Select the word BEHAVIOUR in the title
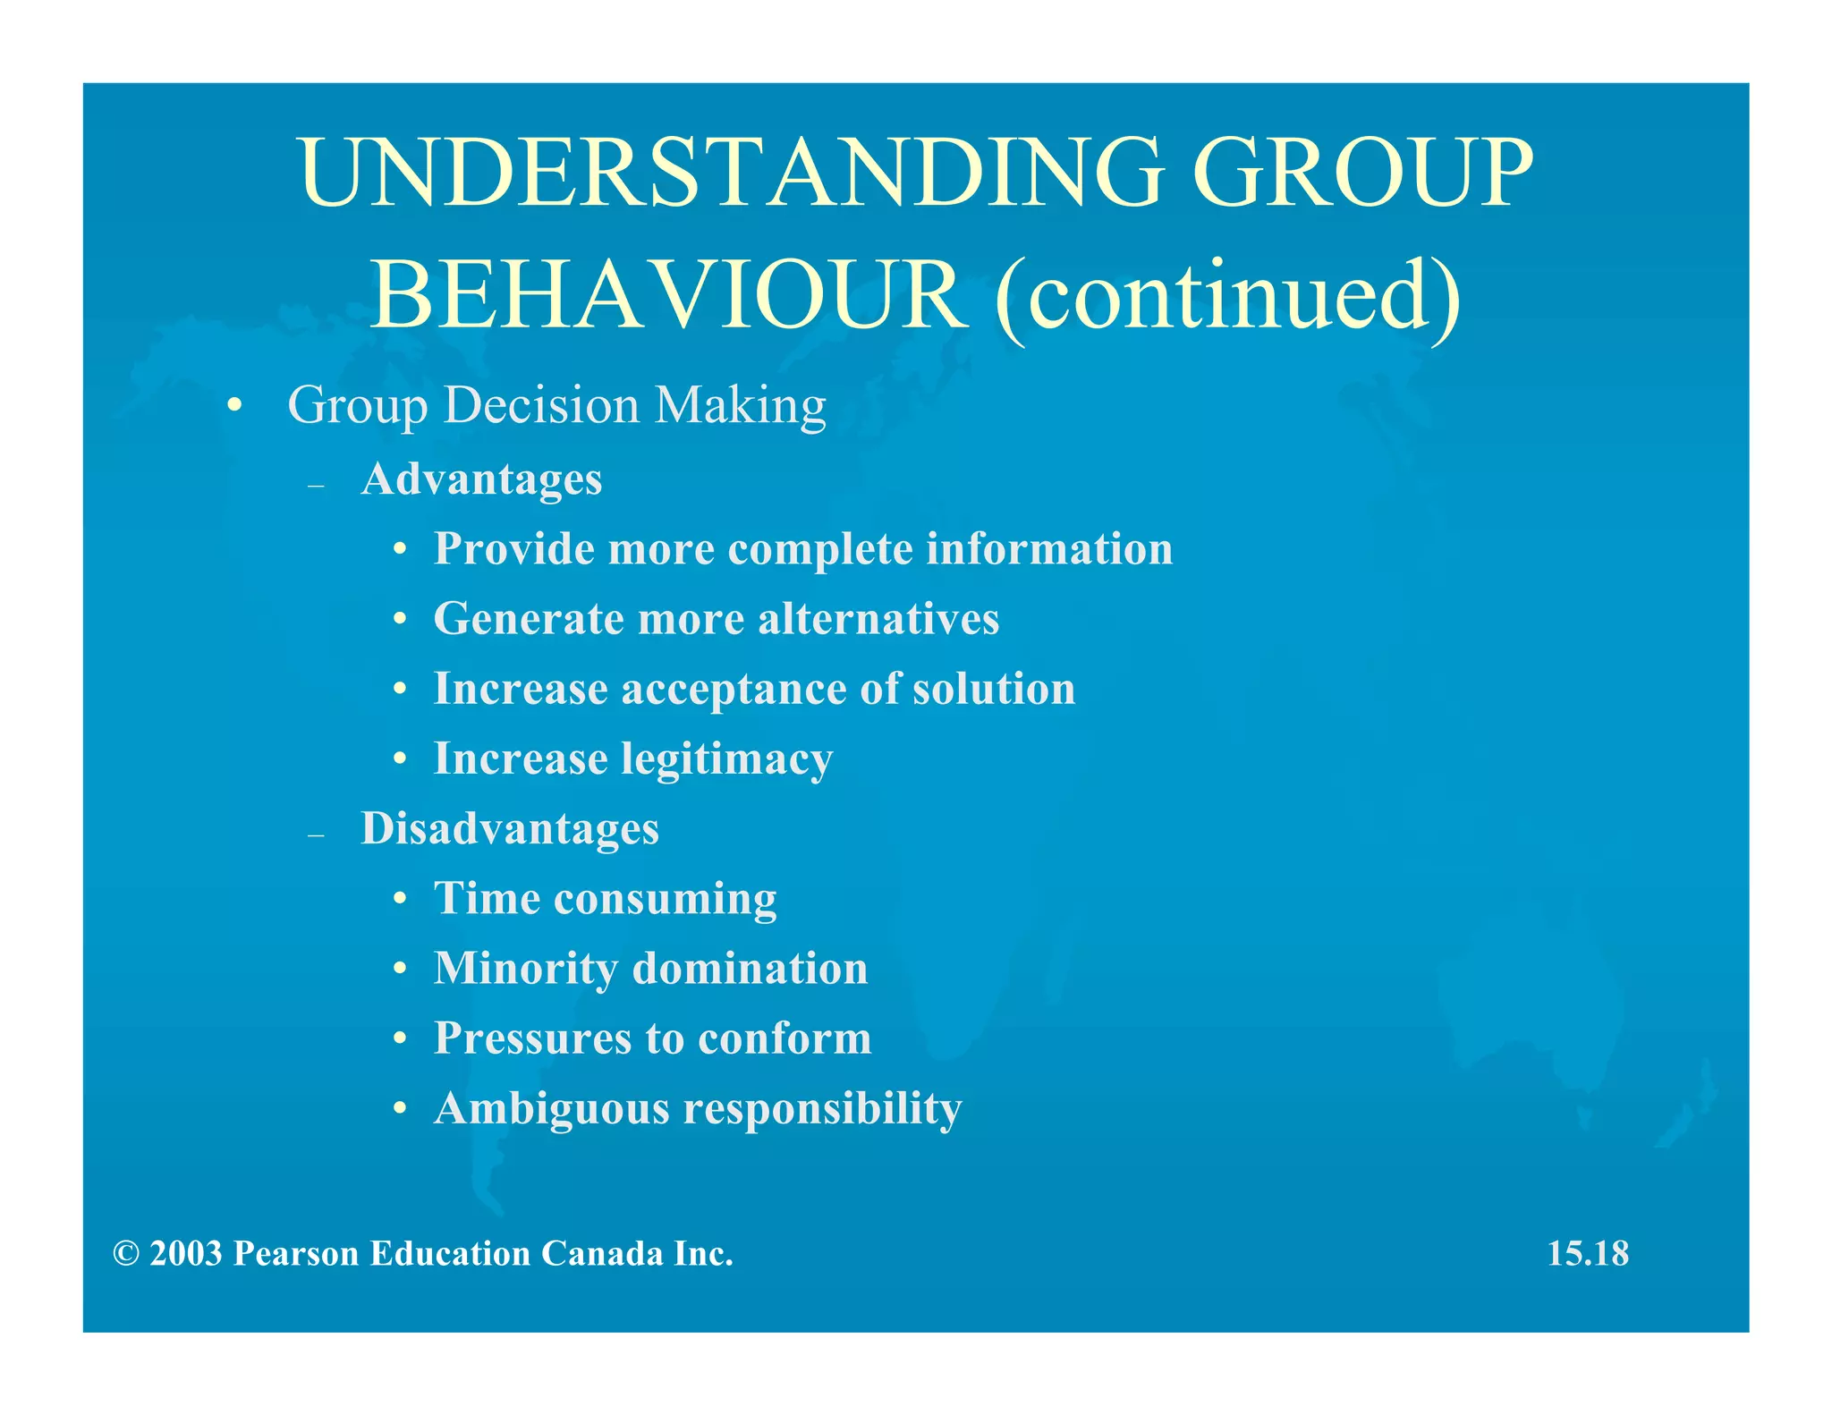667,295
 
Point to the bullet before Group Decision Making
234,407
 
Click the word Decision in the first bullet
541,405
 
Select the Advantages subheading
481,479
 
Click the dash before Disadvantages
315,835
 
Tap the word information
1048,548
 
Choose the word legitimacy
726,760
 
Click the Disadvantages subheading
509,828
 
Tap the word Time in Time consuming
487,898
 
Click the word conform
784,1038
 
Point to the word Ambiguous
551,1109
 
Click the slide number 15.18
1587,1253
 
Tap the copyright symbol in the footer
126,1254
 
